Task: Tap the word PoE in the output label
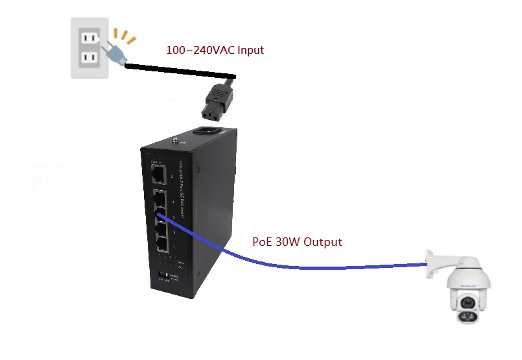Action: click(262, 242)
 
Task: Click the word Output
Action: click(322, 242)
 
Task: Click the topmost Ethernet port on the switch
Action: click(158, 174)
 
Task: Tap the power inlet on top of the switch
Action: click(206, 133)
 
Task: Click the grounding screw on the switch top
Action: click(175, 138)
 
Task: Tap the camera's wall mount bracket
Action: click(442, 262)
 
